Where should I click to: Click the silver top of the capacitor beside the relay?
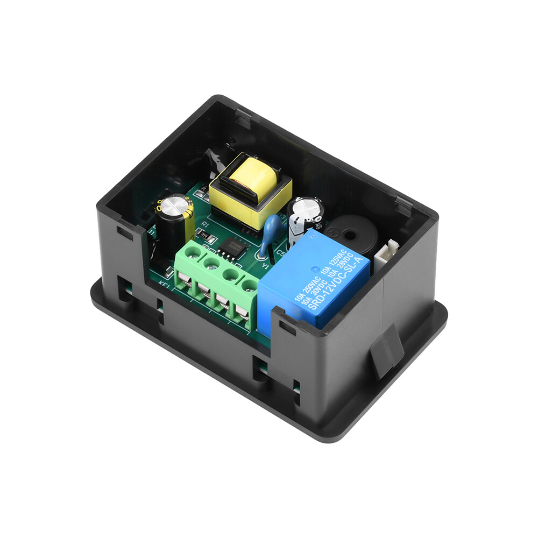(305, 207)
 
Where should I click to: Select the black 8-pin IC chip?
(232, 247)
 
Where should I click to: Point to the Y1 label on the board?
(265, 266)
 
